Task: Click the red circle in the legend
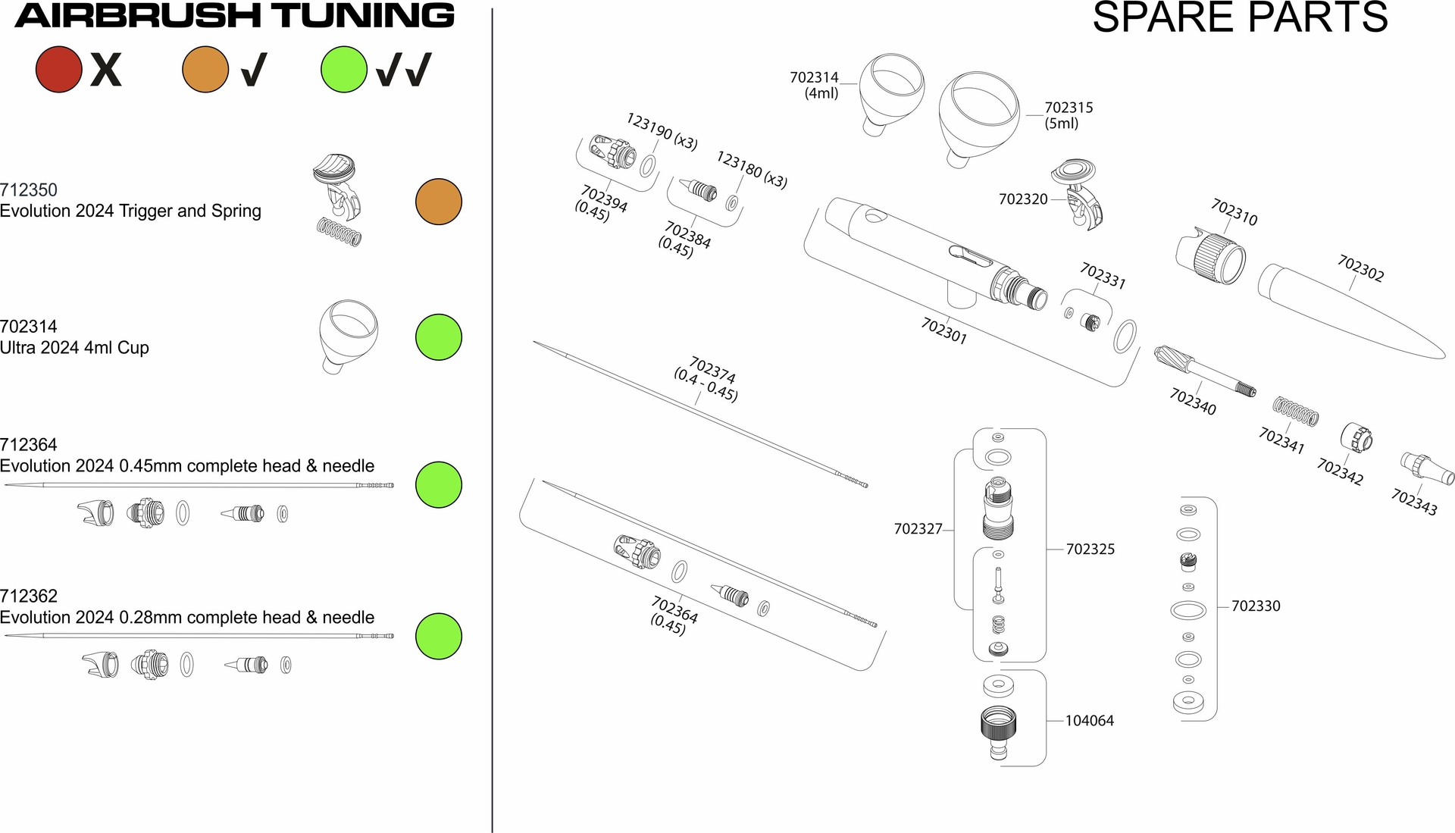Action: click(x=58, y=69)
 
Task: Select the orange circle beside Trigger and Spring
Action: click(x=439, y=202)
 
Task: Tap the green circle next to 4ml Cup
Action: click(x=439, y=337)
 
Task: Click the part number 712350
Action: click(x=29, y=190)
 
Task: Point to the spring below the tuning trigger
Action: click(x=339, y=231)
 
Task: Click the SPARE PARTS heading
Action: click(x=1240, y=17)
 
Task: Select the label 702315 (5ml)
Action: click(x=1068, y=115)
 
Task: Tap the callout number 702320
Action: click(x=1023, y=199)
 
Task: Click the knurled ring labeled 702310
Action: click(x=1211, y=255)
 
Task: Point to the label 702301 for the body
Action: click(x=943, y=330)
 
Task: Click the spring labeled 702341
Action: click(x=1295, y=411)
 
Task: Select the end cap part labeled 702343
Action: click(x=1427, y=468)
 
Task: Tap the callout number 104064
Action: click(x=1090, y=721)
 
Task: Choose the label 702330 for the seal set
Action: click(x=1256, y=606)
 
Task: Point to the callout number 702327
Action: click(x=918, y=529)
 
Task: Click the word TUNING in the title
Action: click(x=363, y=15)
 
